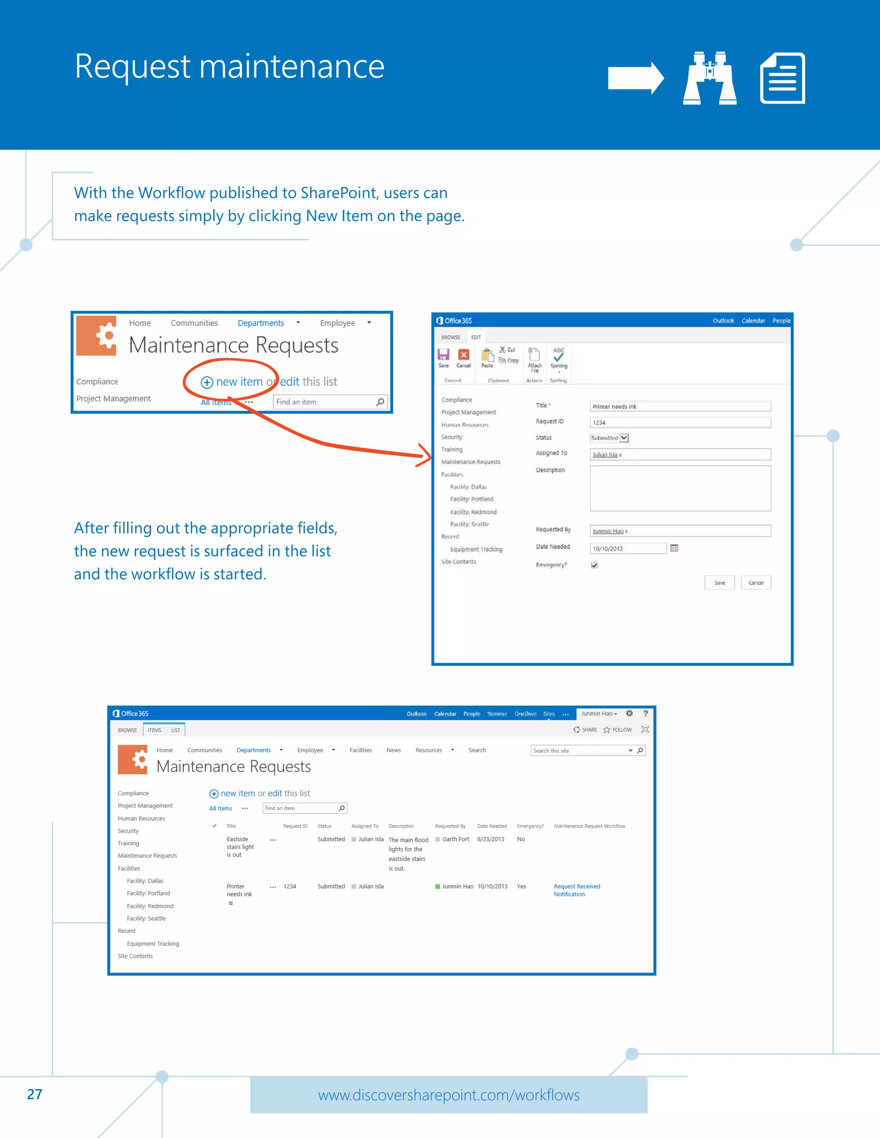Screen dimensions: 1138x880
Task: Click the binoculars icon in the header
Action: pyautogui.click(x=709, y=78)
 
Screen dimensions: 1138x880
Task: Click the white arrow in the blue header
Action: pyautogui.click(x=636, y=78)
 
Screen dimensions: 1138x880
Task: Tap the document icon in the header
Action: pyautogui.click(x=782, y=78)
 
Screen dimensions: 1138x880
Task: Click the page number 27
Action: pyautogui.click(x=34, y=1094)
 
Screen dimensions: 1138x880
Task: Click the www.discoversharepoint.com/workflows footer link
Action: pyautogui.click(x=448, y=1095)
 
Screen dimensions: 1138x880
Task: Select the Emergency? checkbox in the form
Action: pyautogui.click(x=594, y=566)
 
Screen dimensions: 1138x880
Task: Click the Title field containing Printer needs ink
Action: pyautogui.click(x=680, y=406)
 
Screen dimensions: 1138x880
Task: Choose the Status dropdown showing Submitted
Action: pyautogui.click(x=609, y=438)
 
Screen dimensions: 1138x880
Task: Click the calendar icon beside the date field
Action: pyautogui.click(x=674, y=548)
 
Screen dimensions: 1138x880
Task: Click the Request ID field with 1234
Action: pyautogui.click(x=680, y=423)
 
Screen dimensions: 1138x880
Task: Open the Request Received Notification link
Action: pyautogui.click(x=576, y=890)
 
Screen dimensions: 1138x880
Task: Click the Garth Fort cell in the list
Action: pyautogui.click(x=455, y=840)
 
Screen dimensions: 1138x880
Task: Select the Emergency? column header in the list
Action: pyautogui.click(x=530, y=826)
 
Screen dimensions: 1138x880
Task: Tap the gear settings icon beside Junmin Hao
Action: pyautogui.click(x=629, y=713)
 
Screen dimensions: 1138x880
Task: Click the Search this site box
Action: pyautogui.click(x=579, y=751)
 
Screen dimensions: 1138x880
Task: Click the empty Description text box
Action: pyautogui.click(x=680, y=488)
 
